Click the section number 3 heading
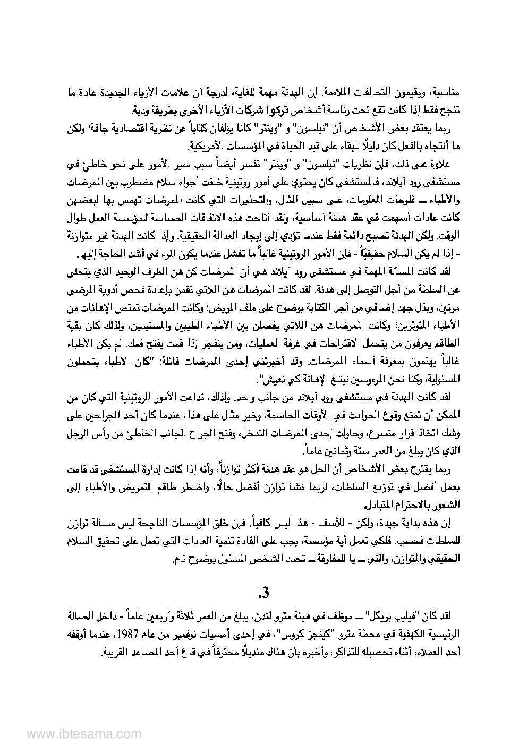262,591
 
